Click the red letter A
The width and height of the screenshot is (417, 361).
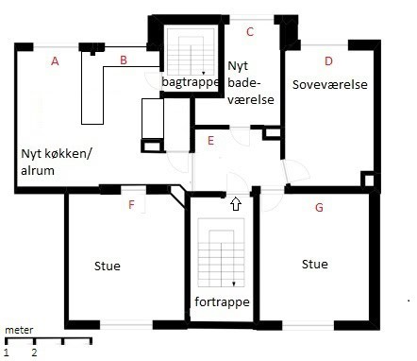tap(55, 61)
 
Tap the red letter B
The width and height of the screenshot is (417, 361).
tap(124, 60)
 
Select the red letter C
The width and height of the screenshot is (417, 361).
tap(250, 32)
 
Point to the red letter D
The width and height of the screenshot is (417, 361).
tap(328, 61)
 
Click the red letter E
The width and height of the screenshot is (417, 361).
tap(211, 141)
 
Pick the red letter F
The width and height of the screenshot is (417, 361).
tap(131, 205)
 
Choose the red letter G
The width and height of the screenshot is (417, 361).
tap(319, 208)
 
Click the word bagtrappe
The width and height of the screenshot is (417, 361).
tap(191, 82)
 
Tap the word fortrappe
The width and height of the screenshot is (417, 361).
tap(222, 301)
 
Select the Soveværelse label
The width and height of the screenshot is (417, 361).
tap(330, 84)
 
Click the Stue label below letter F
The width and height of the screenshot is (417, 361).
tap(108, 266)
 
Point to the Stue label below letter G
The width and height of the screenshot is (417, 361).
tap(315, 264)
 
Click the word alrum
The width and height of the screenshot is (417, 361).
tap(38, 170)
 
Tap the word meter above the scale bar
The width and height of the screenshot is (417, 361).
tap(19, 330)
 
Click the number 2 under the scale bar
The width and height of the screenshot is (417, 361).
tap(34, 352)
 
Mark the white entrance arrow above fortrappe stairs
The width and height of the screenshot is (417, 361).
tap(236, 204)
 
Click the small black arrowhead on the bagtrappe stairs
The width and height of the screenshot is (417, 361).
tap(204, 73)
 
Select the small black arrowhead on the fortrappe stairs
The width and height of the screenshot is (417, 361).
tap(234, 284)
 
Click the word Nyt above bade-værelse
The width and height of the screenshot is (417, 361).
tap(238, 66)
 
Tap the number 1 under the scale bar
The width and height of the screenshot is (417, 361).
tap(7, 352)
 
